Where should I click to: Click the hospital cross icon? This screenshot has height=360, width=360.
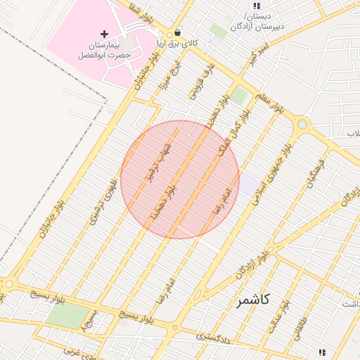point(105,34)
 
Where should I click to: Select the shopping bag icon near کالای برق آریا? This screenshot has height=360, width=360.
point(177,32)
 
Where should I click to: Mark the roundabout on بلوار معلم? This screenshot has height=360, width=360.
point(302,124)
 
